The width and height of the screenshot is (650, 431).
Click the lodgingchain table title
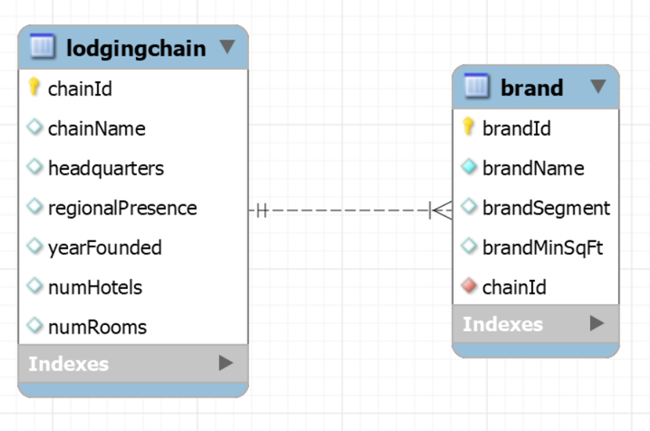point(136,48)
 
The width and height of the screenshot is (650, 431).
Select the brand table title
point(532,88)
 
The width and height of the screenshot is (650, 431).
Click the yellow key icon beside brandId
point(468,126)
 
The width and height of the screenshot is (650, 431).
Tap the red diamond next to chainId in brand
point(469,286)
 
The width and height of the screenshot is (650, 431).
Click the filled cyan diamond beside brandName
point(469,167)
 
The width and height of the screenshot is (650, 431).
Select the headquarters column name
point(106,169)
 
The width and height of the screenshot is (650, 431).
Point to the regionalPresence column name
point(123,208)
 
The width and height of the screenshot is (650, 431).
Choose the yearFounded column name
point(105,247)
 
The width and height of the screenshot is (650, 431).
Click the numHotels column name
point(95,288)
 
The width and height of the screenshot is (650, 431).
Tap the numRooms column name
point(97,327)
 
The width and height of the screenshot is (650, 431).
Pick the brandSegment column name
point(547,208)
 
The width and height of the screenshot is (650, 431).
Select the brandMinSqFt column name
point(542,248)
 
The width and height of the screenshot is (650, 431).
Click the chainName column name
point(97,128)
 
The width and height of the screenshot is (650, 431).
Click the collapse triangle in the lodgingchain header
point(227,46)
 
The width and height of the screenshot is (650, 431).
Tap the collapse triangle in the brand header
point(598,86)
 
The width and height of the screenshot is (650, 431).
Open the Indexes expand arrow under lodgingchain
point(226,363)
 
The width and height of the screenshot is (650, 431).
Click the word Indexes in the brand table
point(503,324)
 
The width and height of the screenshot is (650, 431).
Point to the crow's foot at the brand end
point(441,210)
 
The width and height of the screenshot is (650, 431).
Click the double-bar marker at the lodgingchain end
point(262,210)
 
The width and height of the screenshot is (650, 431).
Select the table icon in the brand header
point(476,86)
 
